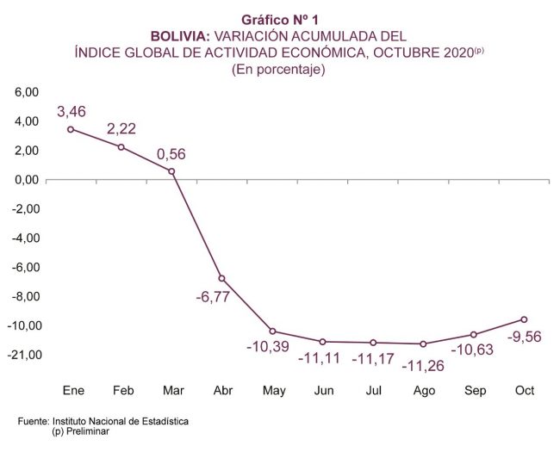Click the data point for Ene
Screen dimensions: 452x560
tap(71, 129)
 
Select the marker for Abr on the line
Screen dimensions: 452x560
tap(221, 278)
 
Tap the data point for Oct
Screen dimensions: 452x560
tap(524, 319)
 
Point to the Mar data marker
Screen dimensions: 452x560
tap(171, 171)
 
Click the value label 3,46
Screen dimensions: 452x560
tap(72, 112)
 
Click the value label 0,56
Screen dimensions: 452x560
tap(171, 155)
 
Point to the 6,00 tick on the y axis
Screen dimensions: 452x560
tap(28, 92)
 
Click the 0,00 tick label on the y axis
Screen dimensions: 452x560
tap(28, 180)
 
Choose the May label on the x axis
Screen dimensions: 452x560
tap(274, 391)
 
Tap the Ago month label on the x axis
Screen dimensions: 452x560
tap(424, 391)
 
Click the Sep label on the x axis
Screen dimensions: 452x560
tap(475, 391)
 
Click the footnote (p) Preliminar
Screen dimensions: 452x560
tap(80, 431)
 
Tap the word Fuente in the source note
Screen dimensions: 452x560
tap(34, 422)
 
